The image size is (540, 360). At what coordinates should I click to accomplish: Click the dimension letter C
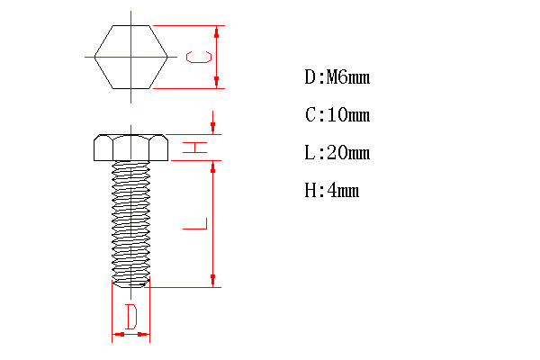198,57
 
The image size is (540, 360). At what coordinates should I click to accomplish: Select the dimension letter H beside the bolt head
195,148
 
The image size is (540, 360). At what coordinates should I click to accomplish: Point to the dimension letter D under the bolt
130,316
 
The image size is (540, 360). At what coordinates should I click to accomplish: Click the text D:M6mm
337,77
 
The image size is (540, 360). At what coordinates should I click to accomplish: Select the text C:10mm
337,115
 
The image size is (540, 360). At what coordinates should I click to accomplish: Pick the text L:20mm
337,153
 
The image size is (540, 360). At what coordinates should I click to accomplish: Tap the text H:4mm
332,191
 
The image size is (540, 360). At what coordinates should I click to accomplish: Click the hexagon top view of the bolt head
130,57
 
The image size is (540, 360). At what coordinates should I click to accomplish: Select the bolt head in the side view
130,148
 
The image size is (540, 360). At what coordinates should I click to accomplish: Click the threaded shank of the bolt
130,220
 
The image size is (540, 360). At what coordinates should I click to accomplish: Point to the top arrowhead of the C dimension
218,30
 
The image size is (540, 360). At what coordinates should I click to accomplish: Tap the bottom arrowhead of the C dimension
218,84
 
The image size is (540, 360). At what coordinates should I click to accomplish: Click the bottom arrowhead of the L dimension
212,282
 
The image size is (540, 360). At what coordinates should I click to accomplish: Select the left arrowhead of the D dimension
115,335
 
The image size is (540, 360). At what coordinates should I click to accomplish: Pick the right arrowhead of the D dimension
146,335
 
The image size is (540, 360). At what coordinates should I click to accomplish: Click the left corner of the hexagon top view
94,57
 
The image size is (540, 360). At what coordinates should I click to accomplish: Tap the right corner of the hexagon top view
167,57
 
